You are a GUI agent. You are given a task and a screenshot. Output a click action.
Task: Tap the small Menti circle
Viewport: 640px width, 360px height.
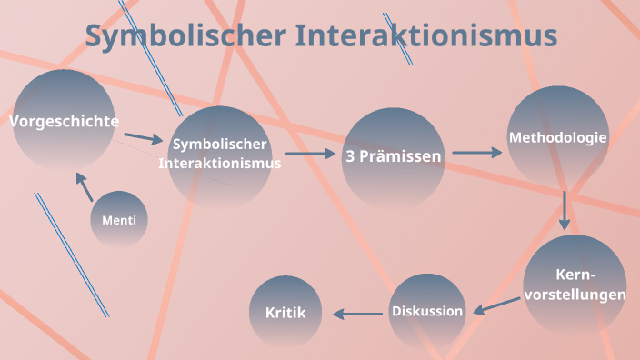119,219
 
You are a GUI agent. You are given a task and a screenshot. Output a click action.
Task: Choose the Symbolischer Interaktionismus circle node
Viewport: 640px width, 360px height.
220,155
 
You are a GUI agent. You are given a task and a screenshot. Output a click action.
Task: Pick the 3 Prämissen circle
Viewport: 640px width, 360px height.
393,156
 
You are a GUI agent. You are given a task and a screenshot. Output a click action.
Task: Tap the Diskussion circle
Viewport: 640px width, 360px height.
427,311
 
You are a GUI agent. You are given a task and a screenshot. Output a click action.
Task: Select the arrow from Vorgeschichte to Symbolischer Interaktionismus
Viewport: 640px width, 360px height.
143,138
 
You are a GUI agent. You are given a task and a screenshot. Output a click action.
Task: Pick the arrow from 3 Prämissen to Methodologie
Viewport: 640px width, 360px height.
476,153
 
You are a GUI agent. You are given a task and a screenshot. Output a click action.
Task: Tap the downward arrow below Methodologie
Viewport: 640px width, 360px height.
565,209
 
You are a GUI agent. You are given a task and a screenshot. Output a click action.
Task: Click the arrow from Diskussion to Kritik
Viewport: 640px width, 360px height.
357,314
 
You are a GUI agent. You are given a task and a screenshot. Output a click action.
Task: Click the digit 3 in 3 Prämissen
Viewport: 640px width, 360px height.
350,156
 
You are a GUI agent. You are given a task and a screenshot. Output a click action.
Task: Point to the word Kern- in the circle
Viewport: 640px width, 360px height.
575,275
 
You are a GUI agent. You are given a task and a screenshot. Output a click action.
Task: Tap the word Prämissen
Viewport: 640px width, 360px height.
401,156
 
